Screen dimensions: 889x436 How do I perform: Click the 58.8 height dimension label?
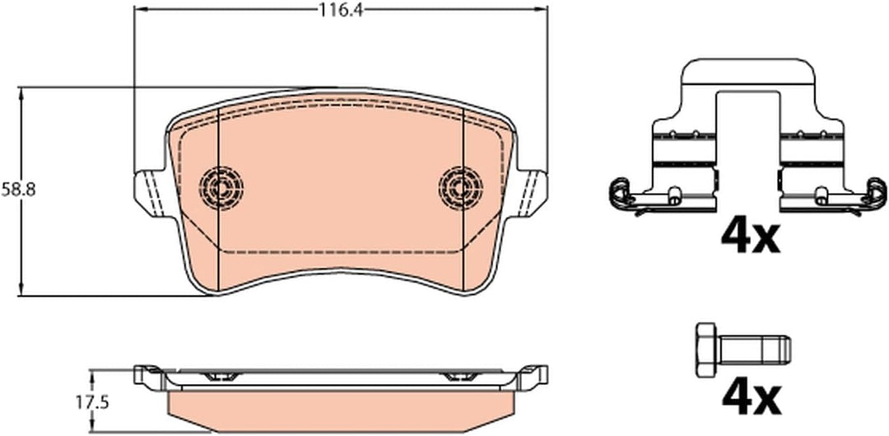tap(18, 190)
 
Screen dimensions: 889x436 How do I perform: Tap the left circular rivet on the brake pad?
tap(221, 186)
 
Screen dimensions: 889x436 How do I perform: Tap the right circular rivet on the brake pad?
tap(461, 187)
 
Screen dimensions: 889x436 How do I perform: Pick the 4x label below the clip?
tap(751, 237)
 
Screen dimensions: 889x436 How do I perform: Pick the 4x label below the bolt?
tap(751, 399)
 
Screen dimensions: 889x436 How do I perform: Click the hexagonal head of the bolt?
tap(706, 349)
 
